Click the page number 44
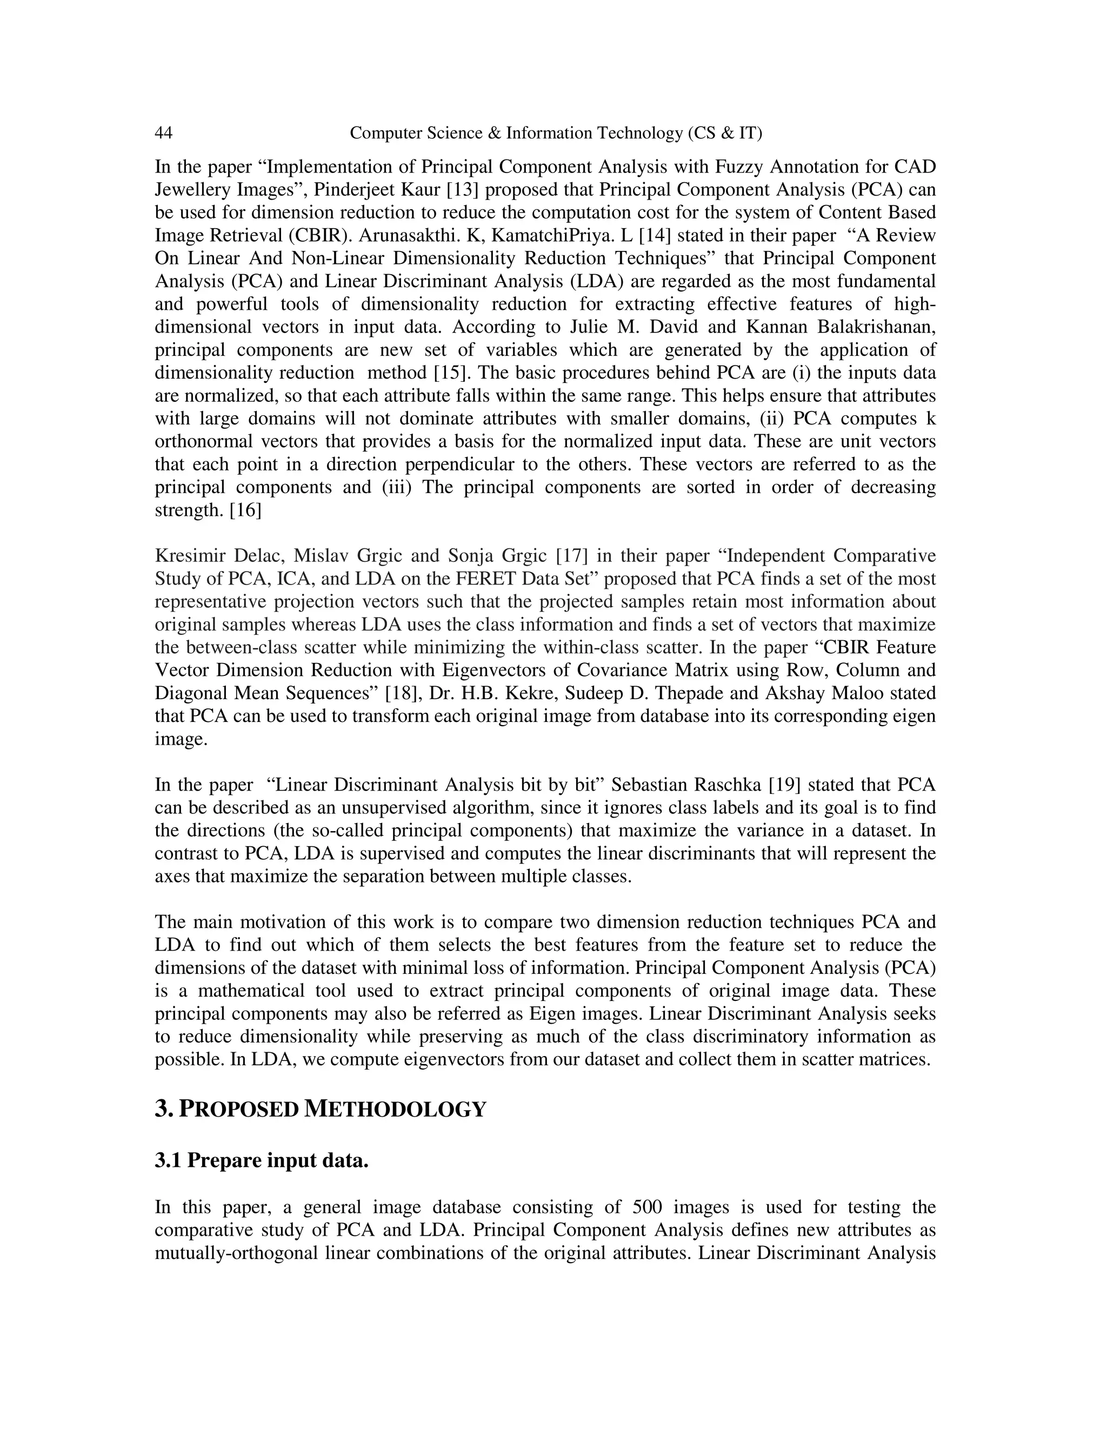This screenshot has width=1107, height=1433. point(163,133)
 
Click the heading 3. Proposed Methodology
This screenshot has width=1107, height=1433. point(320,1109)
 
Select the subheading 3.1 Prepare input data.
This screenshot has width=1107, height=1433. point(262,1160)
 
